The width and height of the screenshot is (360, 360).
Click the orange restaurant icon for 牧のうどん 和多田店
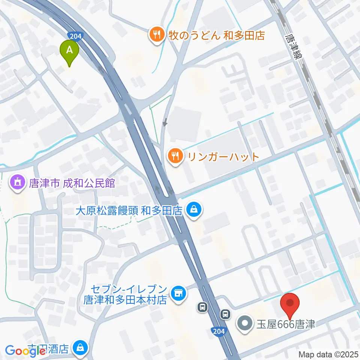click(156, 35)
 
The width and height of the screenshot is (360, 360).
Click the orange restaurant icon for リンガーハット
click(175, 156)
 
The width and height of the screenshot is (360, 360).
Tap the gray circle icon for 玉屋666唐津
click(245, 323)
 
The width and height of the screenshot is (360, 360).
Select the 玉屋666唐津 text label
click(285, 323)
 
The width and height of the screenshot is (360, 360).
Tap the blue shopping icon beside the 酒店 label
click(80, 348)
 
